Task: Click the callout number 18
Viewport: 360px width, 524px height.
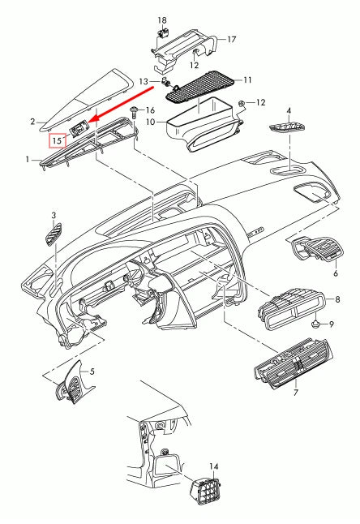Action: tap(161, 19)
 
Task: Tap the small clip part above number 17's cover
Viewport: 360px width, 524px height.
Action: tap(162, 34)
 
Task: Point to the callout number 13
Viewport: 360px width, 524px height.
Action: tap(144, 81)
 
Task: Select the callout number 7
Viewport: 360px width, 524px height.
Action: tap(296, 393)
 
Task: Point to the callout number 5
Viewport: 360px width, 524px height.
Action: tap(92, 372)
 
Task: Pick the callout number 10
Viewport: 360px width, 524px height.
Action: tap(151, 121)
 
